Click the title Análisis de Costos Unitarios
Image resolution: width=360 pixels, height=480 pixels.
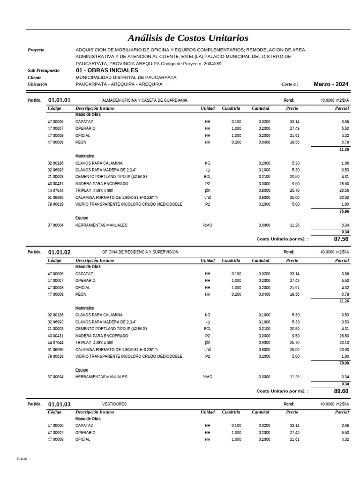(x=188, y=38)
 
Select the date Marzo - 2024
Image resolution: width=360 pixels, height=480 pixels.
(x=331, y=84)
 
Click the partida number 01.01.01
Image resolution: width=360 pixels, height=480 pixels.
(x=60, y=100)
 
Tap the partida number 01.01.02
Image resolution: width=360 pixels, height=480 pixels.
(x=60, y=252)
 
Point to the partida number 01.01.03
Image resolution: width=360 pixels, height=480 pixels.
(x=60, y=405)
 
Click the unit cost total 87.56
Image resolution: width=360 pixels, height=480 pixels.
(x=341, y=239)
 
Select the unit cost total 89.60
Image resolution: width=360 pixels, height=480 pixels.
(x=341, y=391)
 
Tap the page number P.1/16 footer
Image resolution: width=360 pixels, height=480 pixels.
(x=22, y=458)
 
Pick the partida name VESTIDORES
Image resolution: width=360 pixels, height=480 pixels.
(x=114, y=404)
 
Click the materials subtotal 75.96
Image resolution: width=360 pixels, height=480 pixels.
(x=344, y=211)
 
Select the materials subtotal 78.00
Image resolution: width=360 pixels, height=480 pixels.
(x=344, y=363)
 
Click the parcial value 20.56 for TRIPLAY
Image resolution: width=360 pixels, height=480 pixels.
(x=344, y=191)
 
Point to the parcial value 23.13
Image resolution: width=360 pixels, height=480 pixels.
(x=344, y=343)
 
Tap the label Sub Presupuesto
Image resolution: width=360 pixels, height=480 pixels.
(x=44, y=70)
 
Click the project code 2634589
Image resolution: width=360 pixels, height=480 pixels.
(x=212, y=64)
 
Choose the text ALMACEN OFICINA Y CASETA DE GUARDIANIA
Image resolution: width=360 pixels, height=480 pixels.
(x=144, y=100)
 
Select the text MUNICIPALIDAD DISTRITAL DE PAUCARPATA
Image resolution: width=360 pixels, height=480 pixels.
(x=126, y=77)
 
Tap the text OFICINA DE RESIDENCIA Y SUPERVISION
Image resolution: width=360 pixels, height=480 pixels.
(x=140, y=252)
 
